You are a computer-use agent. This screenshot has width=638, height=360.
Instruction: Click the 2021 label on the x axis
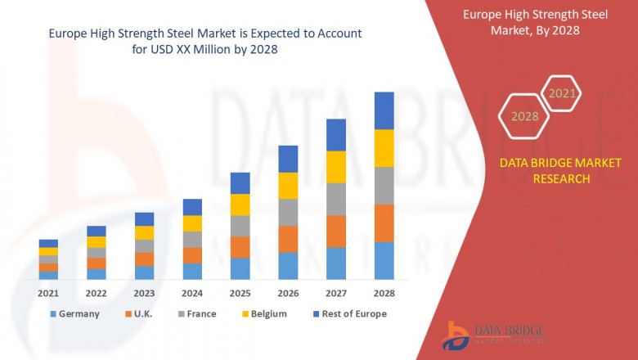click(48, 293)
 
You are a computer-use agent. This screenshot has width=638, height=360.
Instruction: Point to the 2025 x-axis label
click(240, 293)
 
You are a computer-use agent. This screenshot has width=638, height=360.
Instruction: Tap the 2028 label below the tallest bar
click(384, 293)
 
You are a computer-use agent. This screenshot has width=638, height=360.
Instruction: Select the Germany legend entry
click(74, 313)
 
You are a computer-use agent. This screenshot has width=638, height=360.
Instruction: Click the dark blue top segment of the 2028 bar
click(384, 110)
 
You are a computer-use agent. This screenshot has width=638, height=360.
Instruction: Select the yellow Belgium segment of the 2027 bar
click(336, 167)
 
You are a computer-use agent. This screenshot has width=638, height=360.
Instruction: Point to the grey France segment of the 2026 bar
click(288, 212)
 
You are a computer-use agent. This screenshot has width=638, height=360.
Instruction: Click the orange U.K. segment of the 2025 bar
click(240, 247)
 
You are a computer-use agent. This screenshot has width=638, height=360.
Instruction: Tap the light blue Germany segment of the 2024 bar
click(192, 271)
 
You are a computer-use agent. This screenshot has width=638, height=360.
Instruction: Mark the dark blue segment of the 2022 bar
click(97, 231)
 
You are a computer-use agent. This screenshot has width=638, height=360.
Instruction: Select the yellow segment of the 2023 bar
click(144, 232)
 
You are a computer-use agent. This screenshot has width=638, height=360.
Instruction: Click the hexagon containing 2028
click(524, 116)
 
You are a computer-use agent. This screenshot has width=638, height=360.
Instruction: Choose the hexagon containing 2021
click(562, 93)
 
